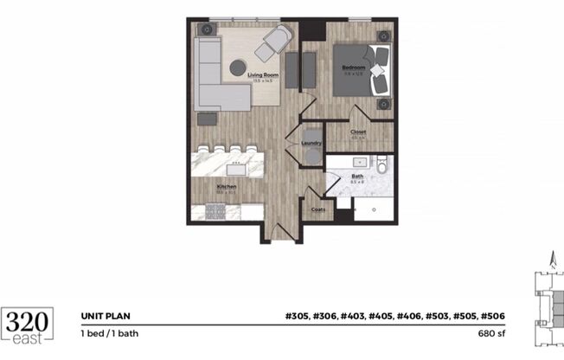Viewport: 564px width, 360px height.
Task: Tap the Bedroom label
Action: point(355,67)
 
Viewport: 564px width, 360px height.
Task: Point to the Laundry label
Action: point(311,143)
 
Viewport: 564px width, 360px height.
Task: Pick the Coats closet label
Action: point(317,208)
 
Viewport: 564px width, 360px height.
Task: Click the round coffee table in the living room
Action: point(239,67)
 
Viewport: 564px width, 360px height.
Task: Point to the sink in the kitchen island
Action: point(235,161)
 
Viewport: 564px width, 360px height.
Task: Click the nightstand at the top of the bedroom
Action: point(383,35)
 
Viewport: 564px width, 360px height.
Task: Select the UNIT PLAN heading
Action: point(106,317)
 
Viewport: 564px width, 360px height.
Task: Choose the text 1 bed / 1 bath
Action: point(112,333)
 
